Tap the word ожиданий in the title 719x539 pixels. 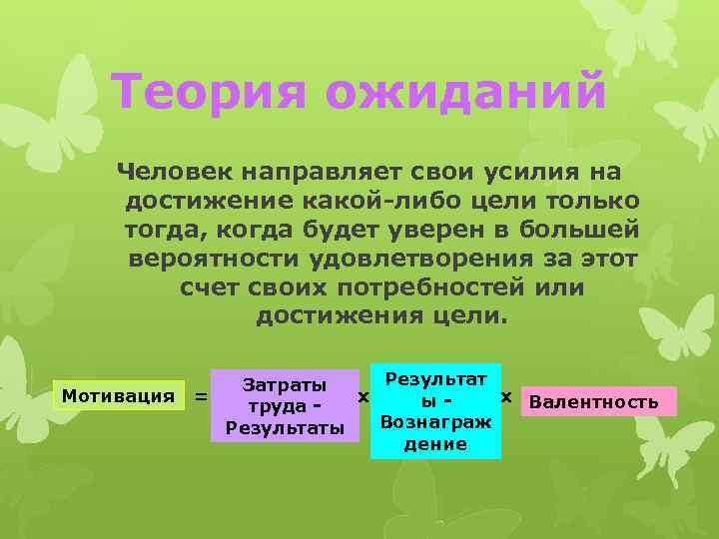(463, 94)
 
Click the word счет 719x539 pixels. (209, 287)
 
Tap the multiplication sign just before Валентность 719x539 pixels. (506, 397)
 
